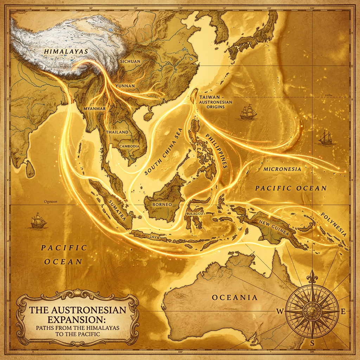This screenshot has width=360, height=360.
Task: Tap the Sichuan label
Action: pyautogui.click(x=130, y=62)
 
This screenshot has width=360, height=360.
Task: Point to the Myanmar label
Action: pyautogui.click(x=95, y=109)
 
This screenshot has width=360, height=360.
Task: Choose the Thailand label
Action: pyautogui.click(x=117, y=132)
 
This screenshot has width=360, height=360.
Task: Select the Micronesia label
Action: pyautogui.click(x=282, y=169)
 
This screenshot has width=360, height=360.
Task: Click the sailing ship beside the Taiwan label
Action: pyautogui.click(x=248, y=112)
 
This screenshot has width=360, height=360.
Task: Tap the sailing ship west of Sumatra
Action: pyautogui.click(x=39, y=221)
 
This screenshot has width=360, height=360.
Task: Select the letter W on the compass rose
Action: pyautogui.click(x=280, y=311)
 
